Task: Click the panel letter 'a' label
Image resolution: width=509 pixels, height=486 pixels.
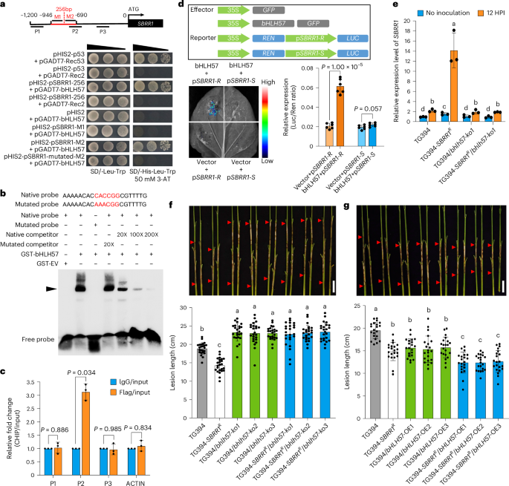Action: [4, 5]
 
